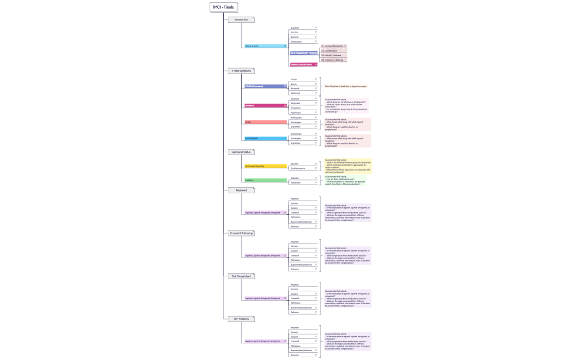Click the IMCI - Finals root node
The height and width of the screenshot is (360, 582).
[x=224, y=7]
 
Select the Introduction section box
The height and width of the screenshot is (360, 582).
[x=241, y=20]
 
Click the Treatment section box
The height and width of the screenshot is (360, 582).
[x=241, y=190]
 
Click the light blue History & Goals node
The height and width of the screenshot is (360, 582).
[x=266, y=46]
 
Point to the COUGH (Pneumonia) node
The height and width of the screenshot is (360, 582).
[x=266, y=86]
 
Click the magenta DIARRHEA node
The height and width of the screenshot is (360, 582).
[x=266, y=105]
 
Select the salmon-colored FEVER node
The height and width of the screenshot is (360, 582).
[x=266, y=122]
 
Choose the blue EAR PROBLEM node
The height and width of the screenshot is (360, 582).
[x=266, y=138]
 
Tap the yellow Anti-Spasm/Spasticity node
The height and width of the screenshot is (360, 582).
[x=266, y=166]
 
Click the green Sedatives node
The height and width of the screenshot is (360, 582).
[x=266, y=180]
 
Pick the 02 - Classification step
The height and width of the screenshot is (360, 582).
[x=333, y=50]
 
